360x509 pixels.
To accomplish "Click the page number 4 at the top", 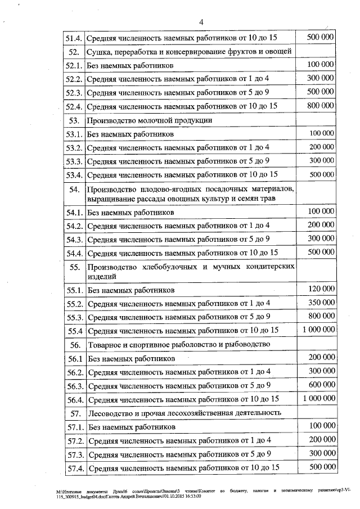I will [x=201, y=22].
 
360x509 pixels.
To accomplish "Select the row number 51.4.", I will [x=74, y=38].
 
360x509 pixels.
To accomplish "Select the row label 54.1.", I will [x=74, y=213].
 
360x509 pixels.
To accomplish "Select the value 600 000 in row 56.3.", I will [x=321, y=385].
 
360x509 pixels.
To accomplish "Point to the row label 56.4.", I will [x=74, y=399].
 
